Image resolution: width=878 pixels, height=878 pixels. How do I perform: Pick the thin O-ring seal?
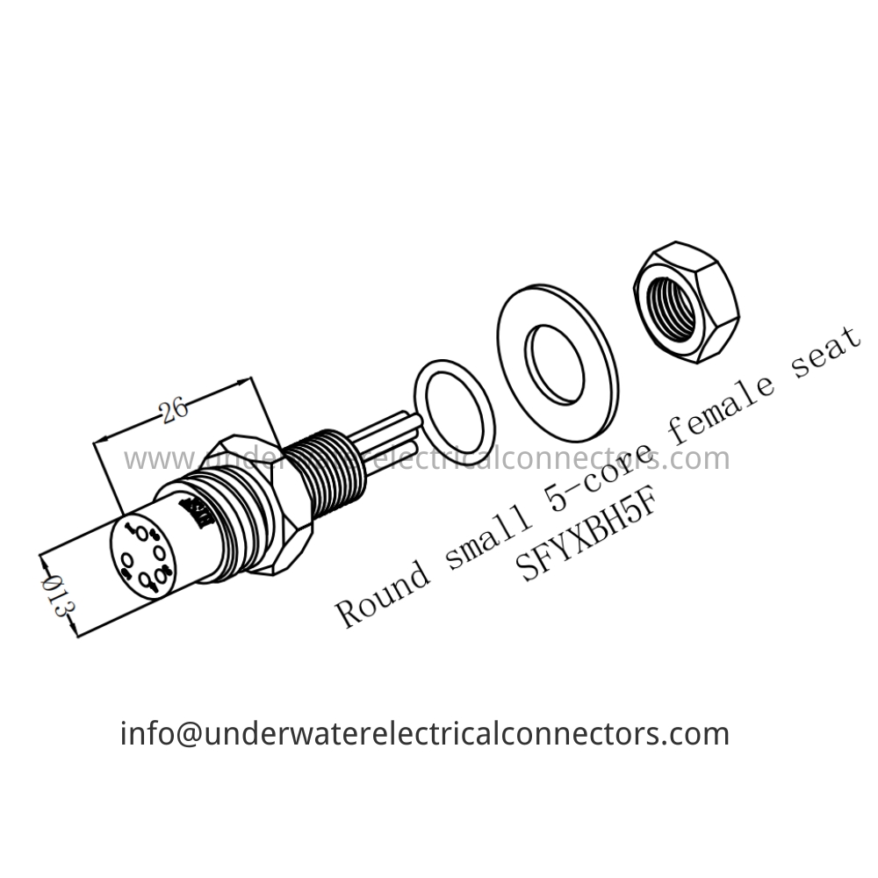pos(453,409)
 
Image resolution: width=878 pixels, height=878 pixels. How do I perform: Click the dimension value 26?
pos(176,408)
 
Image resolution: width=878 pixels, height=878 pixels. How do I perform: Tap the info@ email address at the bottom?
pos(424,733)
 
